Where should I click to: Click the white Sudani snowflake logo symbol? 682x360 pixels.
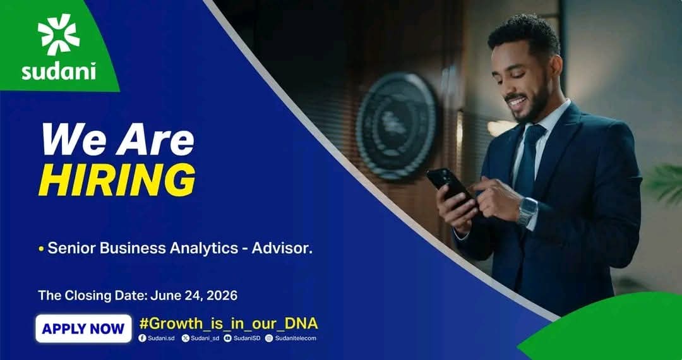[59, 34]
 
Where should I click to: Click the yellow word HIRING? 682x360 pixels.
[117, 179]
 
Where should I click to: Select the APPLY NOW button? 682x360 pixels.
[83, 328]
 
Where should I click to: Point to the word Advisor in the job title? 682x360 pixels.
[282, 248]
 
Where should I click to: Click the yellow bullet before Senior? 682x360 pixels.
[41, 249]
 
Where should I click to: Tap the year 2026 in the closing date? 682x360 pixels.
[222, 296]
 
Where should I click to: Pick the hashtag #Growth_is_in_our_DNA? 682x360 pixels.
[229, 323]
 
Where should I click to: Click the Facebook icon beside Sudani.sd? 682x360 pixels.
[142, 338]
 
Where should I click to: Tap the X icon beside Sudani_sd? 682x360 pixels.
[185, 338]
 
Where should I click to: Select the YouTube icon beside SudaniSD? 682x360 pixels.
[227, 338]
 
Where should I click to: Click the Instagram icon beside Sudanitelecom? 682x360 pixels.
[269, 338]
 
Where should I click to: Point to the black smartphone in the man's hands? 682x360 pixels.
[450, 185]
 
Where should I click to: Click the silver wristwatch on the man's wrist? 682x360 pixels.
[527, 212]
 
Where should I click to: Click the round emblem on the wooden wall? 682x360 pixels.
[396, 126]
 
